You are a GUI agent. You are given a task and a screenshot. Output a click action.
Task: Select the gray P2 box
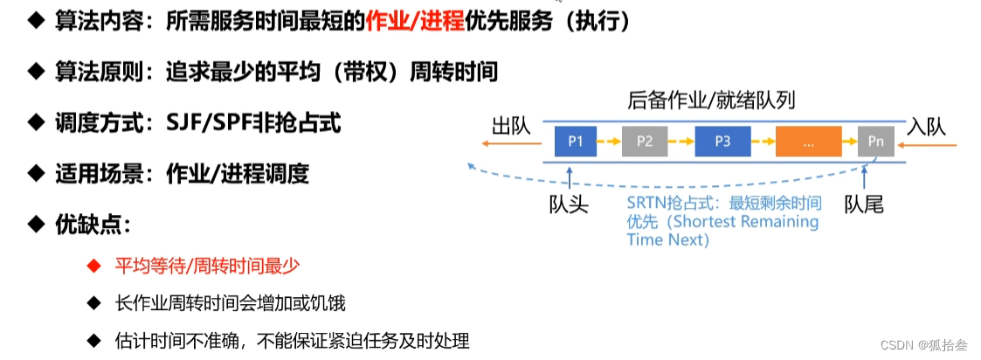645,141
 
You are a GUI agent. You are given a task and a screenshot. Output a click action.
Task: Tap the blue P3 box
722,141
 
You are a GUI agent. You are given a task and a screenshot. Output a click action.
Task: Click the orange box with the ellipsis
807,141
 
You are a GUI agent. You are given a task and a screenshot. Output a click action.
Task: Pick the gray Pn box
875,141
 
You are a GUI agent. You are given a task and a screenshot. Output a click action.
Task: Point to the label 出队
512,127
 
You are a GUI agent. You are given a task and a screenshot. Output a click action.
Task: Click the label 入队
927,127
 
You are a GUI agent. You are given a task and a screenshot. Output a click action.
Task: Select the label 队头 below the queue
569,204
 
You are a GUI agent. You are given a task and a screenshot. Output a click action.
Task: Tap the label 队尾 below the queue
864,204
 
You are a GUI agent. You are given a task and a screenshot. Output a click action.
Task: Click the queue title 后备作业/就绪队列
711,100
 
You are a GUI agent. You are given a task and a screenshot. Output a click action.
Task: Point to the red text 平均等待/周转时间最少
213,264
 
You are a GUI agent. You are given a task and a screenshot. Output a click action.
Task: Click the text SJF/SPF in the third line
209,123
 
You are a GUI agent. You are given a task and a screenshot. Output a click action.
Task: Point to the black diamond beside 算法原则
36,72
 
